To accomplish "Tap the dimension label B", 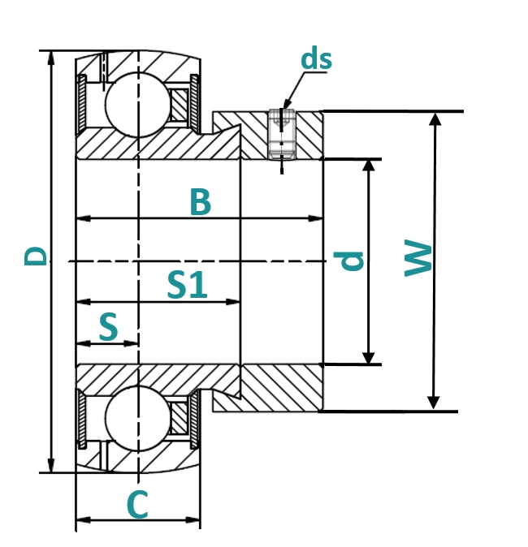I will click(200, 202).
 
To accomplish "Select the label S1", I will click(188, 285).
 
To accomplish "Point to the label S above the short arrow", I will click(108, 327).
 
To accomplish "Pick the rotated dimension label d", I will click(349, 261).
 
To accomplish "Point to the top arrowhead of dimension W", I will click(435, 118).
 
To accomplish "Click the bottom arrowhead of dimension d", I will click(370, 358).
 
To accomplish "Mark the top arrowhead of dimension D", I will click(51, 57).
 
